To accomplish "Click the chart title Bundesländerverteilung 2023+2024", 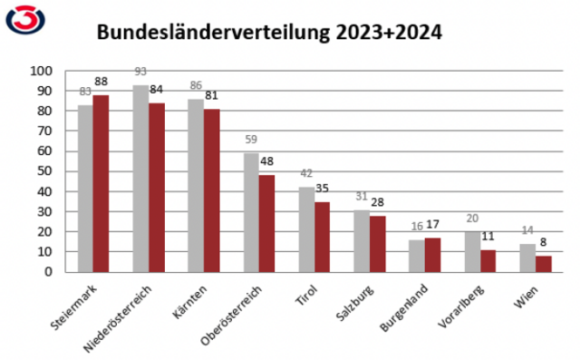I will [270, 34].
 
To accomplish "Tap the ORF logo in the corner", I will [24, 20].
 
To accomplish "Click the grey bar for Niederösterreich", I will [140, 179].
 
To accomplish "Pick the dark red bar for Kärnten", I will [211, 190].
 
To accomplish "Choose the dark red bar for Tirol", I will [322, 237].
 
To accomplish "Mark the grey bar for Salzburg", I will [362, 240].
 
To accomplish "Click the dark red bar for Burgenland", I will [432, 255].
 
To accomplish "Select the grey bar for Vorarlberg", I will [472, 251].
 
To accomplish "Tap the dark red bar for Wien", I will [543, 264].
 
